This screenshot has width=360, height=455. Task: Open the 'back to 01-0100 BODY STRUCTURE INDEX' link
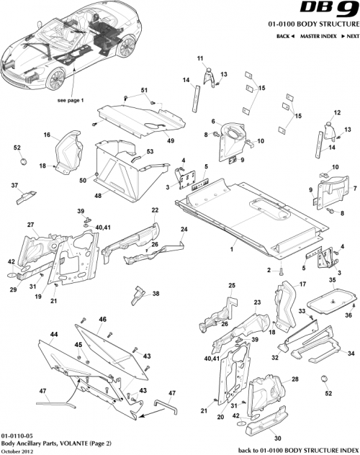click(x=296, y=449)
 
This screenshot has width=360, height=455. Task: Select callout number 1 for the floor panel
click(x=232, y=248)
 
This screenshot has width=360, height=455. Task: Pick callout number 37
click(x=14, y=185)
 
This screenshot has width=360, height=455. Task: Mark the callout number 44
click(x=53, y=335)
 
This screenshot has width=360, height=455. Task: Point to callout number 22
click(x=155, y=210)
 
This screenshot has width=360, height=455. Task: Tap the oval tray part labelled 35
click(x=331, y=296)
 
